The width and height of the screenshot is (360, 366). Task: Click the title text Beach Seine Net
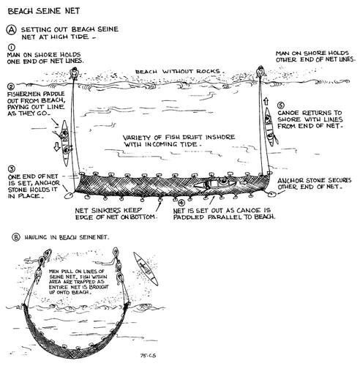tap(44, 11)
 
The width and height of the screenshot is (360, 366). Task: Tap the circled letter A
tap(11, 30)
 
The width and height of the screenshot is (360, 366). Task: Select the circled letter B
tap(16, 237)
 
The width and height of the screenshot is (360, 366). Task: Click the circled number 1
tap(11, 47)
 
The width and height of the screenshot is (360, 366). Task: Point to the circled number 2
tap(11, 86)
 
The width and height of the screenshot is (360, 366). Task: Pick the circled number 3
tap(11, 168)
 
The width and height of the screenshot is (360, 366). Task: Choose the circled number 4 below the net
tap(181, 202)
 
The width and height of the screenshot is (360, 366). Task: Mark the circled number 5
tap(281, 105)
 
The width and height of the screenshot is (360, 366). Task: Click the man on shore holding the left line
tap(73, 73)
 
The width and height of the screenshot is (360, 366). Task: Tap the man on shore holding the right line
tap(260, 72)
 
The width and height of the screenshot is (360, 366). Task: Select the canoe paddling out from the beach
tap(65, 143)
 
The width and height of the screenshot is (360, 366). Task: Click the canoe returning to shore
tap(269, 127)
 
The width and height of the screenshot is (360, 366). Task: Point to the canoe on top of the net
tap(215, 184)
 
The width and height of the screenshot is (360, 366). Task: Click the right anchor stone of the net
tap(271, 195)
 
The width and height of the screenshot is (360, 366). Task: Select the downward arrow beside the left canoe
tap(56, 146)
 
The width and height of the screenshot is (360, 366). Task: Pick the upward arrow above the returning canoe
tap(266, 102)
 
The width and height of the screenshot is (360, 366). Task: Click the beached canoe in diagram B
tap(146, 269)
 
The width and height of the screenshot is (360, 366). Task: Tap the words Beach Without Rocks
tap(178, 72)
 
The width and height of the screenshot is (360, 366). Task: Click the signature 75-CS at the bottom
tap(148, 356)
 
